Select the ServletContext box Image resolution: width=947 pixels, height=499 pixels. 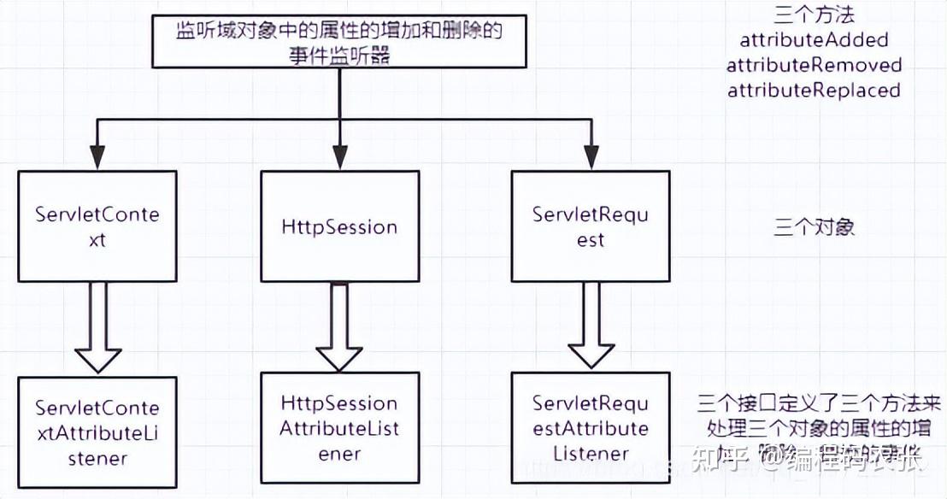[97, 226]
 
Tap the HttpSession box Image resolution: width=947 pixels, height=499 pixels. [339, 226]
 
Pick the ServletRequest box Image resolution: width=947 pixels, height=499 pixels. [590, 226]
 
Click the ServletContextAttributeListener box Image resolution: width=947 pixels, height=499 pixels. [97, 433]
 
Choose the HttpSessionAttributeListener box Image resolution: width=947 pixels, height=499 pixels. [339, 428]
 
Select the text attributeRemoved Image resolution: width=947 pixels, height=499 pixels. [814, 65]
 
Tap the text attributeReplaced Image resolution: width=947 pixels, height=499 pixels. [814, 90]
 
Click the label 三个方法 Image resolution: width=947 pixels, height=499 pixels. [814, 15]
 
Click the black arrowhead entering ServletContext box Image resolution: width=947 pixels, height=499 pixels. [97, 157]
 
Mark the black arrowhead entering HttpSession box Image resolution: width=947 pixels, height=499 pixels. [339, 157]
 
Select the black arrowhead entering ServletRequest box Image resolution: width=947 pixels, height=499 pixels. [590, 157]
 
